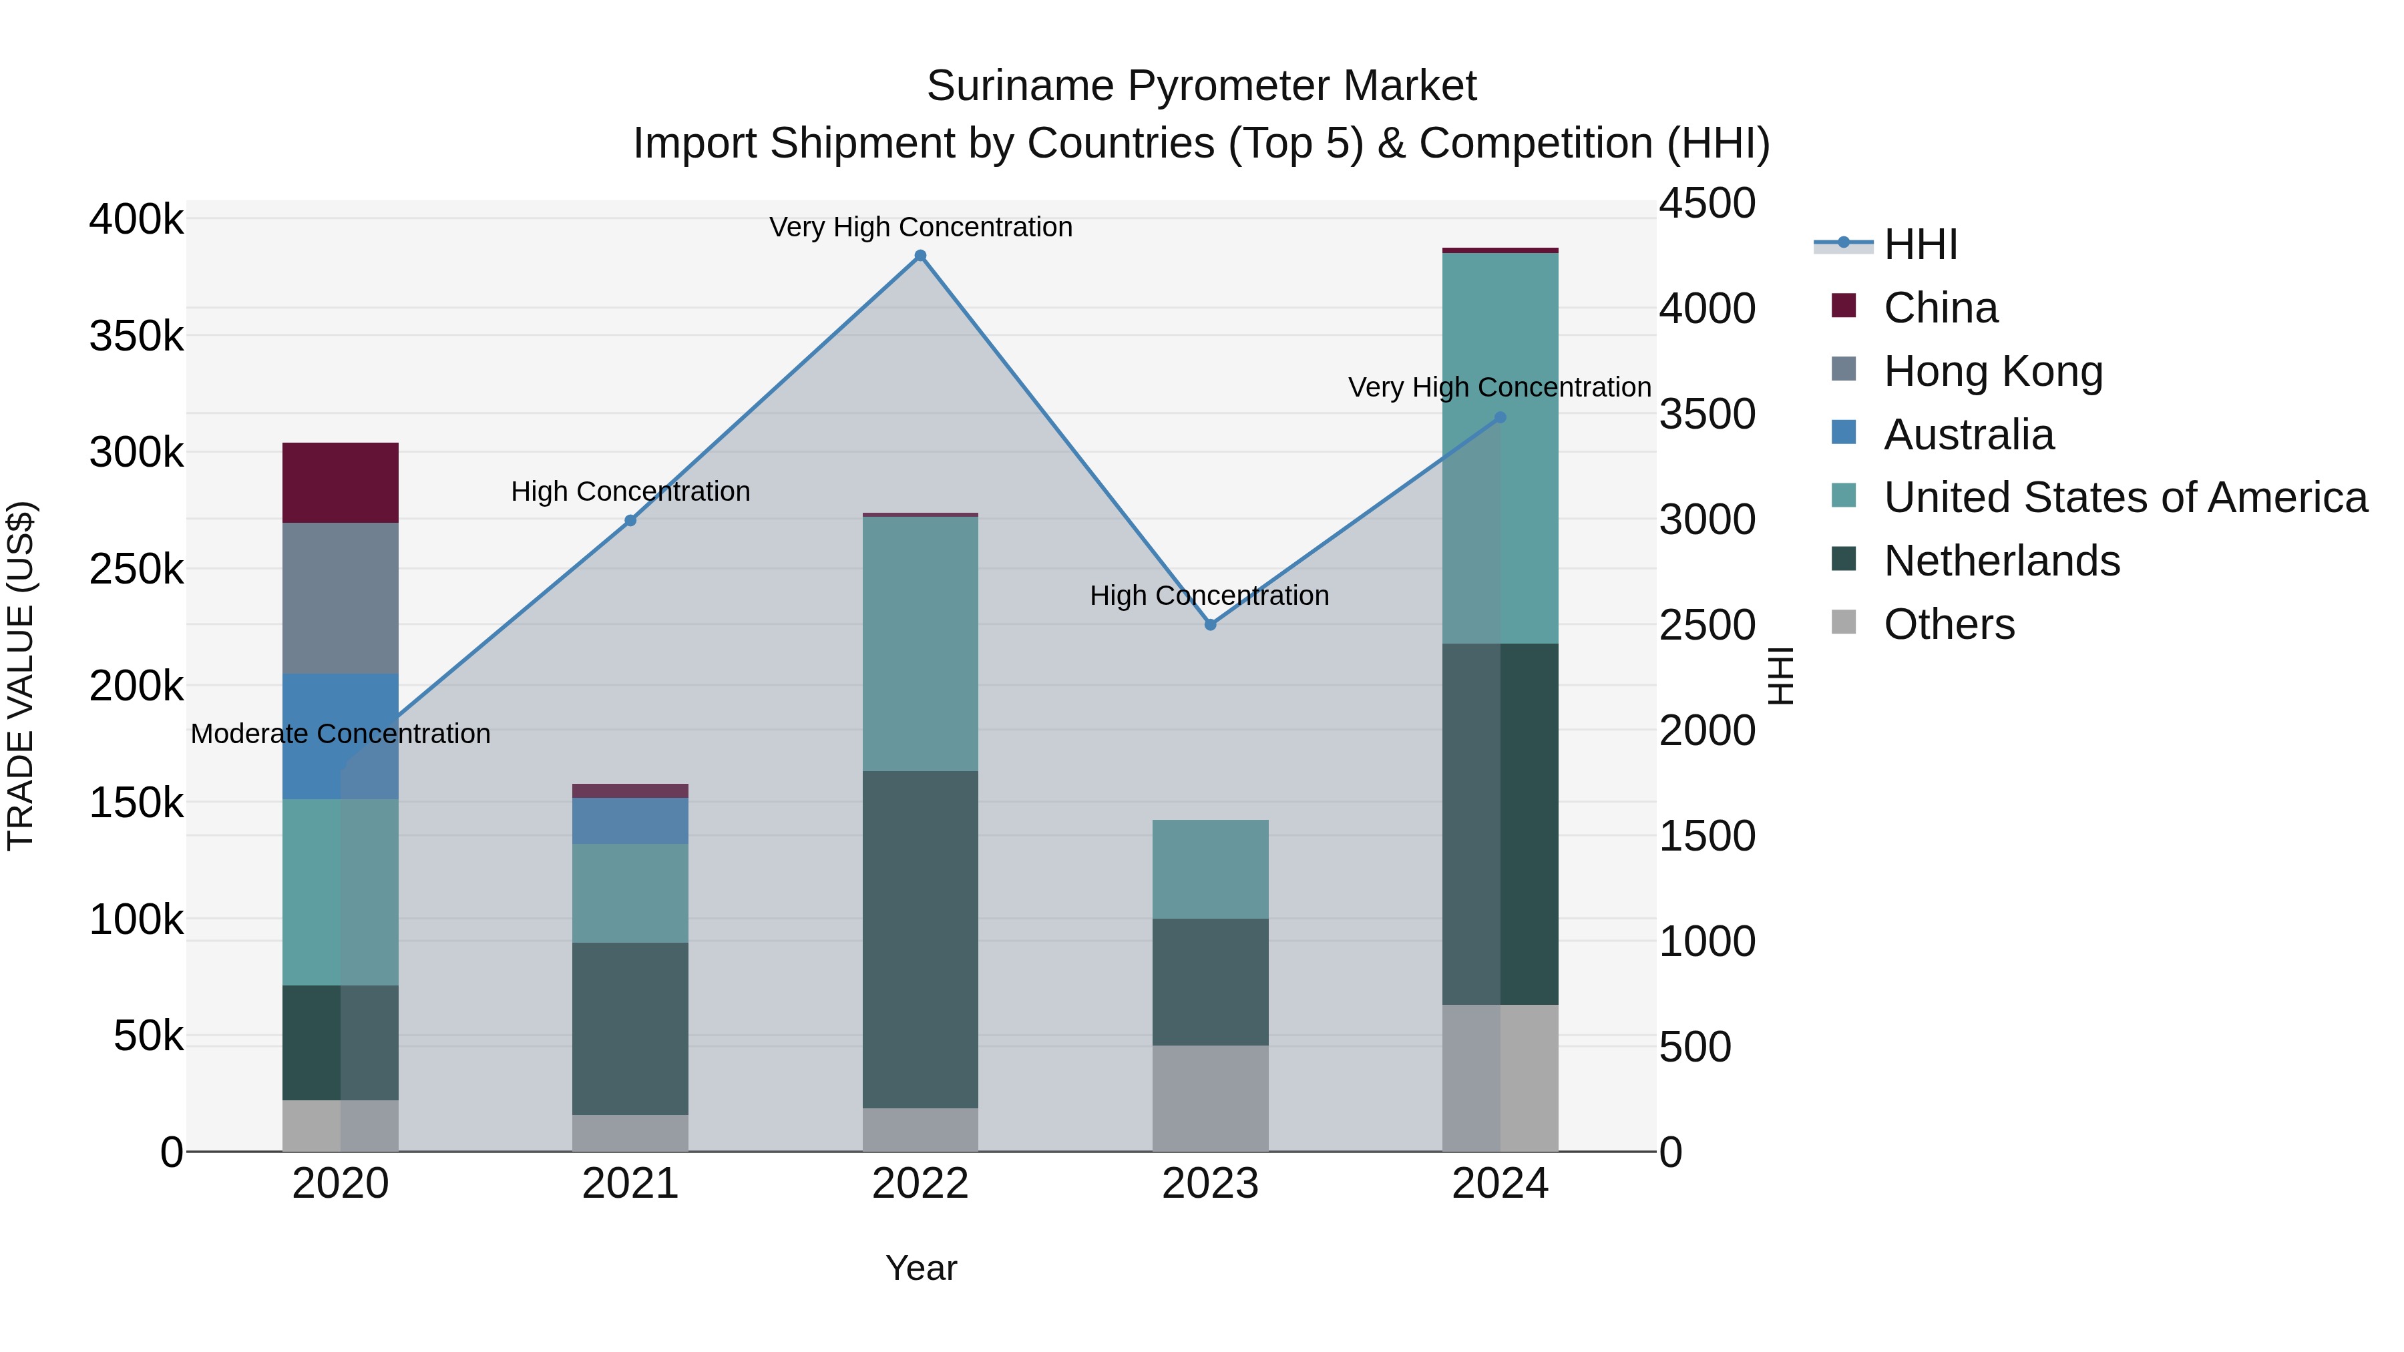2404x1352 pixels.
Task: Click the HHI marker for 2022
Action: point(920,256)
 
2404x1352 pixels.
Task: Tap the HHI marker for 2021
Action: point(630,521)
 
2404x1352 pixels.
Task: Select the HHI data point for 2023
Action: point(1211,625)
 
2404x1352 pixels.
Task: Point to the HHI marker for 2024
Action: point(1500,418)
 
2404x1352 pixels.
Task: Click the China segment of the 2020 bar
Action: point(341,483)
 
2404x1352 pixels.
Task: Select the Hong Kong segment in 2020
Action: point(341,598)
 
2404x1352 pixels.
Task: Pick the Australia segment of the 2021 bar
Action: point(630,821)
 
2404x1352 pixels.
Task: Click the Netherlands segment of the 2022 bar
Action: point(920,939)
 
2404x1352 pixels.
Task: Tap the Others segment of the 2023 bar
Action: point(1211,1098)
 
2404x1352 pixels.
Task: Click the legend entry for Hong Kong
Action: point(1993,371)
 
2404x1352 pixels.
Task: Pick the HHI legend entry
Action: point(1921,244)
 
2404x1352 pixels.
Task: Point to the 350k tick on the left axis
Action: point(136,336)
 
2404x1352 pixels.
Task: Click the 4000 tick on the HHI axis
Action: point(1707,309)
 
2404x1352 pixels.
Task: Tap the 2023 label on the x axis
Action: point(1211,1184)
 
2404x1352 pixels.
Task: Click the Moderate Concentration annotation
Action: point(341,734)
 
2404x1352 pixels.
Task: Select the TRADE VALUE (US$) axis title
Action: point(21,676)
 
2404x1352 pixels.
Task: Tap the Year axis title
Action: point(921,1268)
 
